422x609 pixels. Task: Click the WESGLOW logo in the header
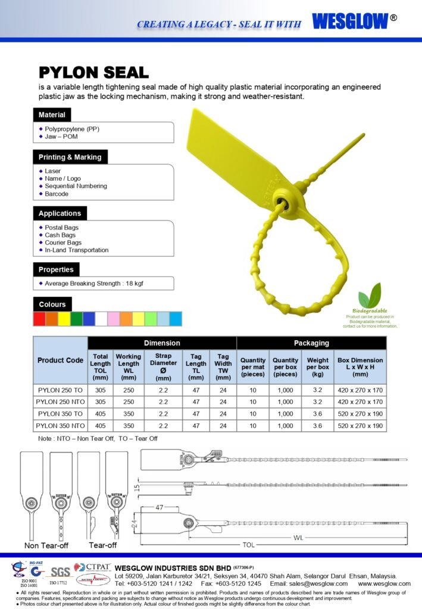tap(350, 21)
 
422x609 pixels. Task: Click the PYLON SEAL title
tap(93, 73)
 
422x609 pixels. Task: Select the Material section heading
tap(52, 115)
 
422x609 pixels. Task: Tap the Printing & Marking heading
tap(70, 158)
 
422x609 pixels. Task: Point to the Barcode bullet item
tap(57, 194)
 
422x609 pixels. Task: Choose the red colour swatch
tap(39, 319)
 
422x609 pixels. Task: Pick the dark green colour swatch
tap(76, 319)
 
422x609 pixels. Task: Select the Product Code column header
tap(60, 360)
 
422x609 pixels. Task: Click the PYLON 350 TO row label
tap(60, 414)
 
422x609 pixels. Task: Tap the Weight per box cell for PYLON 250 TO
tap(317, 390)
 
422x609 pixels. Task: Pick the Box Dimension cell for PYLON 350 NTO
tap(360, 426)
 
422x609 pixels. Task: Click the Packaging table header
tap(311, 343)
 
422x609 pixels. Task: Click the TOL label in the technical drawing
tap(248, 545)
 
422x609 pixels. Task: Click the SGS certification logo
tap(60, 573)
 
